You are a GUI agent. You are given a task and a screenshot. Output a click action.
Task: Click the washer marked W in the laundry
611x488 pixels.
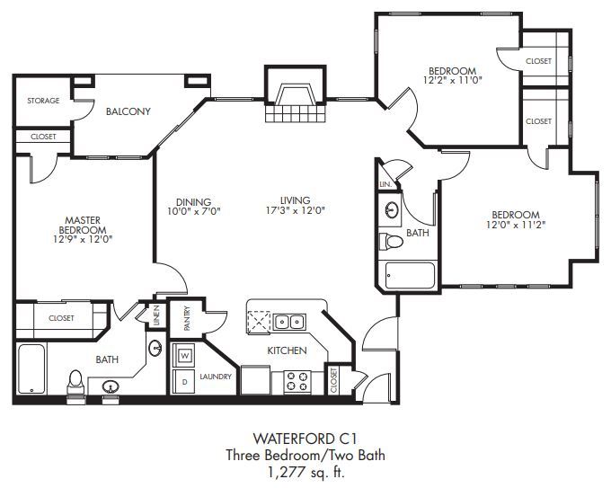point(183,355)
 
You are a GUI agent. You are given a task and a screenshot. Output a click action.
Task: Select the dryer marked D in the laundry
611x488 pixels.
point(183,382)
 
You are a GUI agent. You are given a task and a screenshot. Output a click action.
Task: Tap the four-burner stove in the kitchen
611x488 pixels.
point(297,381)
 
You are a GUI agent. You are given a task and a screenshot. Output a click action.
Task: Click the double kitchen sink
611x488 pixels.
point(289,322)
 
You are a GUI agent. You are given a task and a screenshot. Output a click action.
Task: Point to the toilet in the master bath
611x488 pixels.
point(75,383)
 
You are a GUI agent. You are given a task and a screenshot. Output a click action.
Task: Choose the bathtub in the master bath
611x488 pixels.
point(31,369)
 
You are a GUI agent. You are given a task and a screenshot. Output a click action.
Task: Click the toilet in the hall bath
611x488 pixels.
point(391,241)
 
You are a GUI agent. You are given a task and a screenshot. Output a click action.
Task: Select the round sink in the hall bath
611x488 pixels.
point(391,210)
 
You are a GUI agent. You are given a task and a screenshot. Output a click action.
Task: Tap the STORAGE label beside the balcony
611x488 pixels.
point(43,101)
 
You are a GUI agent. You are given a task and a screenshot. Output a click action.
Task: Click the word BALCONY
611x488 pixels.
point(128,111)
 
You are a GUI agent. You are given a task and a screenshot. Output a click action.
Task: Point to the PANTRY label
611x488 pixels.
point(187,319)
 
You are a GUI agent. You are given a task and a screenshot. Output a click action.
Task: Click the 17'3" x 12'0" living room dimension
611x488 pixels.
point(295,210)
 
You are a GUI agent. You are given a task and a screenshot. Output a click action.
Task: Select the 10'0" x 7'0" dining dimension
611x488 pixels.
point(194,212)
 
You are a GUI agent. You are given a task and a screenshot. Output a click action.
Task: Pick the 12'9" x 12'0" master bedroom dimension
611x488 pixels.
point(83,239)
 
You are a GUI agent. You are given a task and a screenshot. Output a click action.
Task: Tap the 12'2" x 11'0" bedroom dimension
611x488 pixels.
point(453,81)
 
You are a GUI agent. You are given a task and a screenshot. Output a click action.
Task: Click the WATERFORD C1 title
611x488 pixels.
point(305,439)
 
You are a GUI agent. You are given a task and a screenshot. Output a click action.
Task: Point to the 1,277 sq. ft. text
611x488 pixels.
point(305,473)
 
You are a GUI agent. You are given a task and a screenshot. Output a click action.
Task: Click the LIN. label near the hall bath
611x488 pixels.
point(385,185)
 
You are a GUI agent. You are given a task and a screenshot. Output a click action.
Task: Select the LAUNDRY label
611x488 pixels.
point(216,377)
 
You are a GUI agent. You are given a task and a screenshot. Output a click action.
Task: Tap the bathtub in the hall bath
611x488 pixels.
point(410,276)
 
